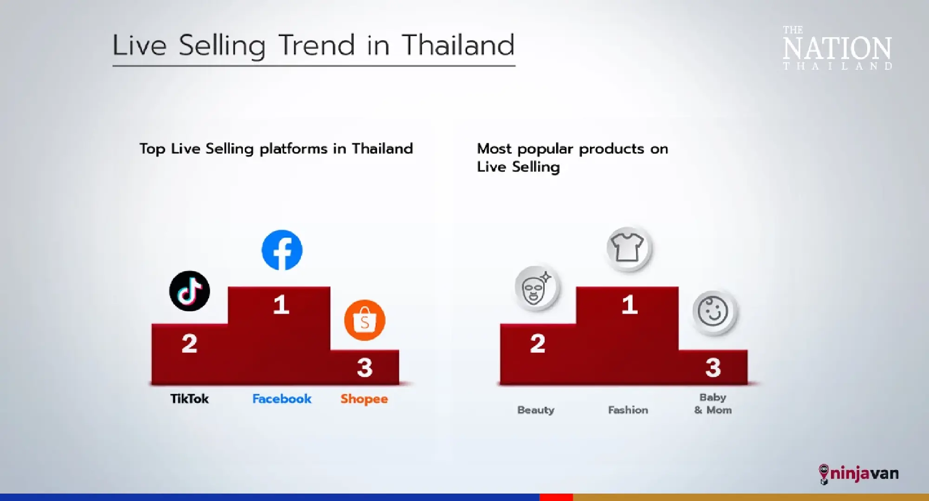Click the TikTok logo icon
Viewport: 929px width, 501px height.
tap(190, 291)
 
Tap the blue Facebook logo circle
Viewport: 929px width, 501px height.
tap(282, 250)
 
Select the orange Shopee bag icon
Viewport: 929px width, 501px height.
tap(365, 320)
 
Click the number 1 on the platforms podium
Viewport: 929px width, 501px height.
tap(281, 305)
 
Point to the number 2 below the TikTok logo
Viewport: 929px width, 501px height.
tap(190, 343)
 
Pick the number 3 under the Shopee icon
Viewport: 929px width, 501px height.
tap(365, 367)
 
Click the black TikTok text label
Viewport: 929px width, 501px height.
tap(190, 399)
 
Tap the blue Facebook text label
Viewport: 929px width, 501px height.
tap(282, 399)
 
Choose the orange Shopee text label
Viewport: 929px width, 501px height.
tap(364, 399)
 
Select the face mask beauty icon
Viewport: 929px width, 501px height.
tap(537, 288)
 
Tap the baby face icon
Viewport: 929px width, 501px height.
tap(714, 312)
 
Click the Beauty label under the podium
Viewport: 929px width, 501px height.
tap(536, 410)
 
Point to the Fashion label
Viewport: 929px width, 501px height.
tap(628, 410)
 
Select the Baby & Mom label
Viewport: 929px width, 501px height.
tap(713, 403)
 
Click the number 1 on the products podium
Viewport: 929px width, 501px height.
tap(629, 305)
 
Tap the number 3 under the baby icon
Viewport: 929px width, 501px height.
tap(713, 367)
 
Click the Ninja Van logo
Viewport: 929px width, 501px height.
tap(858, 474)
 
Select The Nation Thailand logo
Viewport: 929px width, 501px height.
tap(837, 48)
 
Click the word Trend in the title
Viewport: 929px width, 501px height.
tap(317, 45)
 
